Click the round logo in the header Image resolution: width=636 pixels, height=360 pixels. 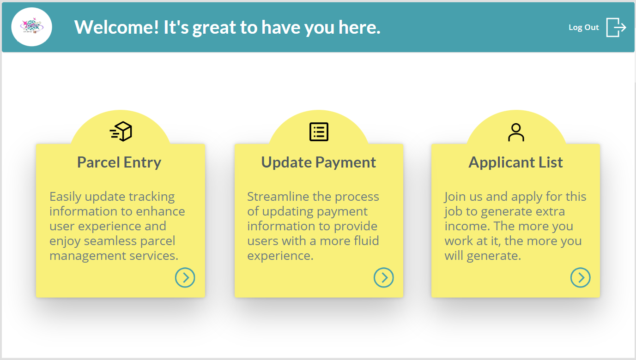(x=31, y=27)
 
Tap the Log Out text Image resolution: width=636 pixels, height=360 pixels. (x=583, y=27)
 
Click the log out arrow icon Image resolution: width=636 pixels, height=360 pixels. (x=616, y=27)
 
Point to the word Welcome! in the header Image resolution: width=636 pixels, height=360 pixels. (x=116, y=27)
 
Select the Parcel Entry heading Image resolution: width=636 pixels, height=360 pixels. (x=119, y=162)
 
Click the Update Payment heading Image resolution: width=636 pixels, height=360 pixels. (x=319, y=162)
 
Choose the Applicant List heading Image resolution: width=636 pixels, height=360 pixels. (x=515, y=162)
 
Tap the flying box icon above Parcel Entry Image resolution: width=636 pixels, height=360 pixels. (x=121, y=132)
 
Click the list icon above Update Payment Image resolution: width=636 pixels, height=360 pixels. (x=319, y=132)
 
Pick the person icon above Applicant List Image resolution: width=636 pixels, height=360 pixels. (x=516, y=132)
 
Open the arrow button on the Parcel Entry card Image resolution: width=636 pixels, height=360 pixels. (x=185, y=277)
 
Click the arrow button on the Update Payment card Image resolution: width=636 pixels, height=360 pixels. (x=384, y=277)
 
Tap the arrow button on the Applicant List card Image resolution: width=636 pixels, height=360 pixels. (x=581, y=277)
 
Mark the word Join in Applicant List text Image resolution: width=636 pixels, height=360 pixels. (x=455, y=197)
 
